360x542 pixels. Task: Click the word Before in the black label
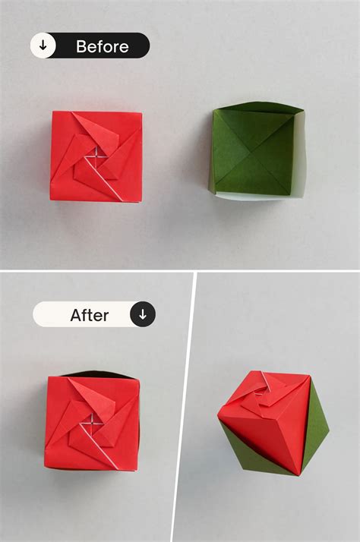pos(102,46)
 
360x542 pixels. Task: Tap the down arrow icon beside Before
pos(43,46)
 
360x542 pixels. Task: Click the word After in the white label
pos(90,314)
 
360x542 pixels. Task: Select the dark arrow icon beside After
pos(142,314)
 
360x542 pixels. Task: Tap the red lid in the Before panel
pos(96,156)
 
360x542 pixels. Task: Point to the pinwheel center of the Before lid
pos(97,155)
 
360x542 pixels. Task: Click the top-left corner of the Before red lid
pos(53,113)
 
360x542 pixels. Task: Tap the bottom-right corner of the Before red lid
pos(142,200)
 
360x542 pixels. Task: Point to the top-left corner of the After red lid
pos(47,378)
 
